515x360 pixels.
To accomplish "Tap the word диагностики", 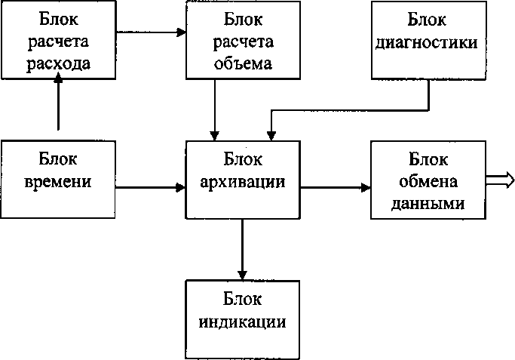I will [426, 42].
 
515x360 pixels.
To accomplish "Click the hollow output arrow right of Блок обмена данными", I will [502, 179].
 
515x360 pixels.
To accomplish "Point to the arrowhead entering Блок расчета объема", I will [181, 32].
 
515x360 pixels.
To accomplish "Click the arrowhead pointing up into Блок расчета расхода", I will [57, 85].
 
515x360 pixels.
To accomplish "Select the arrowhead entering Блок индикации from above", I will [242, 273].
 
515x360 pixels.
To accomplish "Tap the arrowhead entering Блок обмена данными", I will [365, 186].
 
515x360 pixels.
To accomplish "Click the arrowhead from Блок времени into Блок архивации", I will [181, 186].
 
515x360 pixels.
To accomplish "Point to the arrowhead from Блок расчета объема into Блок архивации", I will [216, 135].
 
